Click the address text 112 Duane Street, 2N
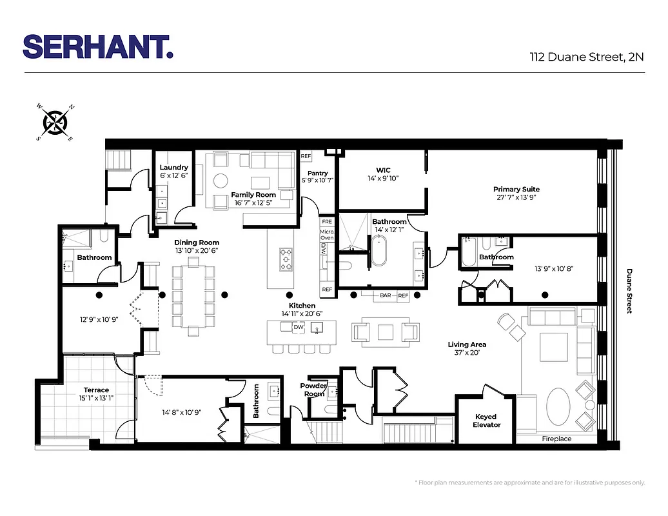pos(586,57)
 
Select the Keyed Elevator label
pos(487,421)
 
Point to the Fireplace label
pos(556,439)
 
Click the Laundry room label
pos(173,168)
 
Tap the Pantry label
pos(317,173)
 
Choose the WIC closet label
pos(383,170)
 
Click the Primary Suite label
pos(516,189)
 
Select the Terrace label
pos(96,390)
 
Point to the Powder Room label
pos(313,390)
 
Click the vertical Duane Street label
pos(629,291)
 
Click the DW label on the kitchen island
pos(298,328)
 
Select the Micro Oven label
pos(327,233)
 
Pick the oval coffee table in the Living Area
pos(558,406)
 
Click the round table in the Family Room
pos(221,180)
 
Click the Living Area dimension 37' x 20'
pos(467,353)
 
